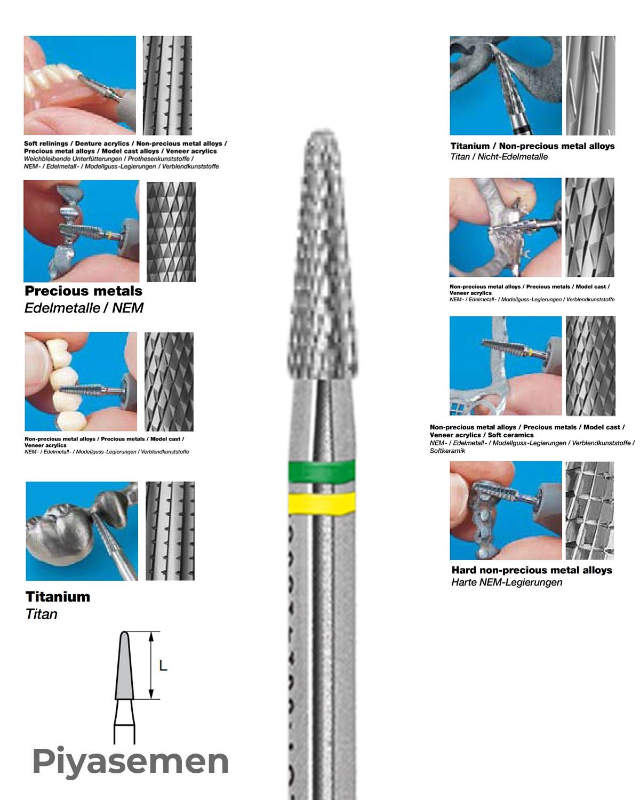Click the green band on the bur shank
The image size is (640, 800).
click(x=322, y=471)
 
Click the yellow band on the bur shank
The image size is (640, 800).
click(x=322, y=503)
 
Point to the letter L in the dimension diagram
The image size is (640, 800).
click(x=163, y=665)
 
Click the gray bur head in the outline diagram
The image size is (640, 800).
click(x=125, y=666)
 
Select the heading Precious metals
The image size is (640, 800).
click(x=83, y=291)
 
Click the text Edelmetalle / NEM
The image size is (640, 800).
click(x=84, y=308)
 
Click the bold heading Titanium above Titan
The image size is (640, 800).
click(x=58, y=597)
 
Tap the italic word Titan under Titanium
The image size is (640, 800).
click(x=41, y=614)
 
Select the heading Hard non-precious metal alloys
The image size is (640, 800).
click(x=532, y=570)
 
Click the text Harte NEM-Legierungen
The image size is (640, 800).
click(x=507, y=582)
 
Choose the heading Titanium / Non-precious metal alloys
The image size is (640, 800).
click(x=532, y=146)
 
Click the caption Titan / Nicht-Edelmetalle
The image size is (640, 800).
click(x=499, y=156)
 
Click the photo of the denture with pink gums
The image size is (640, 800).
click(x=80, y=85)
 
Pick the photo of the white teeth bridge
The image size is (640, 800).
click(x=81, y=381)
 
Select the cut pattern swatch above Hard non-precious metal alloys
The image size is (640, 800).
click(x=590, y=510)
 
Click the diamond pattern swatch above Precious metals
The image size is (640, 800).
click(x=171, y=231)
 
